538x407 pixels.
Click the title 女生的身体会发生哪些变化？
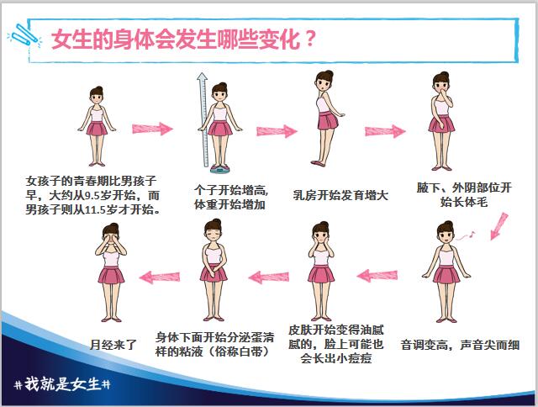tap(183, 40)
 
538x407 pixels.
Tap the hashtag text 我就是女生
tap(62, 384)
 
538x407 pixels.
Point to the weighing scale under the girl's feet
tap(219, 168)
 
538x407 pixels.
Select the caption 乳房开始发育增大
tap(340, 195)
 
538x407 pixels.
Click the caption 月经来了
tap(113, 345)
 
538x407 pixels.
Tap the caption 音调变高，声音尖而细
tap(460, 345)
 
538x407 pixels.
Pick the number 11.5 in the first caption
tap(95, 209)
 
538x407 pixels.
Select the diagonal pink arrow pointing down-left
tap(498, 226)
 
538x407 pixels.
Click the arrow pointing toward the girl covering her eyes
tap(160, 277)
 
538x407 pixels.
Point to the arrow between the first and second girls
tap(152, 129)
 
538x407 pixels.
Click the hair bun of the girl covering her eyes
tap(114, 226)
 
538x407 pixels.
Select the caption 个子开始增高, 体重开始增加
tap(231, 197)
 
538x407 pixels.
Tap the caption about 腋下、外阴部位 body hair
tap(464, 194)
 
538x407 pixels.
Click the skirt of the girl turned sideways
tap(327, 120)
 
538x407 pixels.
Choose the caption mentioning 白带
tap(214, 345)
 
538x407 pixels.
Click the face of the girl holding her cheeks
tap(321, 236)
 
